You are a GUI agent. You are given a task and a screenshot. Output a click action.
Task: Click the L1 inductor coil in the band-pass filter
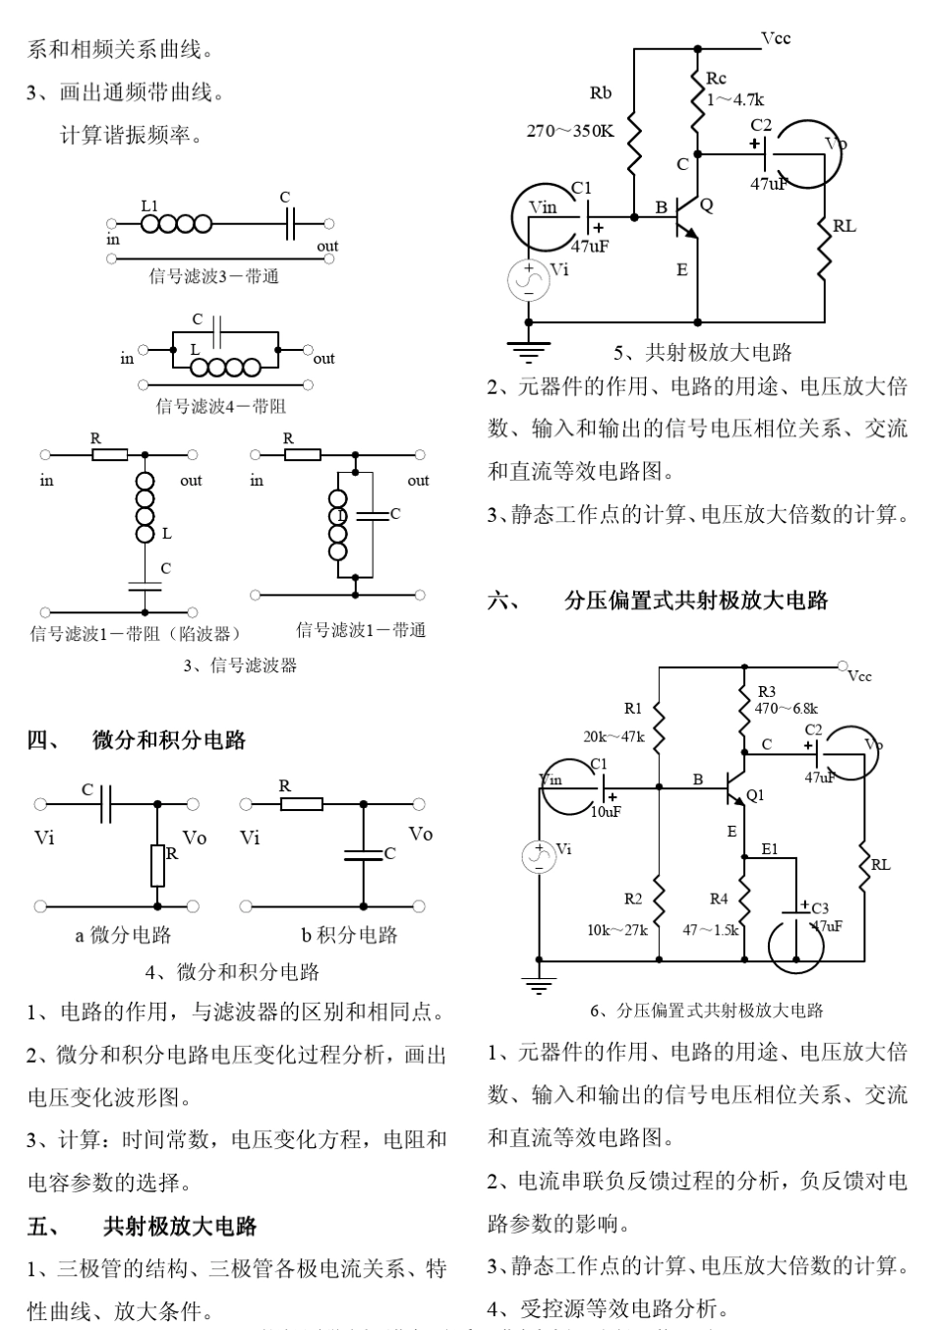[176, 225]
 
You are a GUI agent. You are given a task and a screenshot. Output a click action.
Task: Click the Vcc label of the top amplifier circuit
[776, 38]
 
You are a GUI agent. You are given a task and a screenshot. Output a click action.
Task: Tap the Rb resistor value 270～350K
[570, 131]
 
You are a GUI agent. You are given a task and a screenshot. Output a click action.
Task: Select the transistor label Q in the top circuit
[707, 205]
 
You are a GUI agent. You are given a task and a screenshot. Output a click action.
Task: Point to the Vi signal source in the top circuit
[528, 279]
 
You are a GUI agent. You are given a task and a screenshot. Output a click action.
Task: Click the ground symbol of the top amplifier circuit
[529, 348]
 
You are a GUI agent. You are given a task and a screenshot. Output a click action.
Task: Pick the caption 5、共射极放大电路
[703, 352]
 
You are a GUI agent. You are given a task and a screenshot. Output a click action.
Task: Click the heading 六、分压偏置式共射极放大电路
[658, 601]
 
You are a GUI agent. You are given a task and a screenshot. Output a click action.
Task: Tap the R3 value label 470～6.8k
[786, 708]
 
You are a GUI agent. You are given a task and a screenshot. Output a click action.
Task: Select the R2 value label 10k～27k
[616, 929]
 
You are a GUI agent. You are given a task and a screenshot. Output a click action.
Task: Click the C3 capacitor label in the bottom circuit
[820, 908]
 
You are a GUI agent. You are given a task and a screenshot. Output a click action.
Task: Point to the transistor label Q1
[755, 795]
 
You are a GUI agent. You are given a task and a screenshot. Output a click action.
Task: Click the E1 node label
[769, 849]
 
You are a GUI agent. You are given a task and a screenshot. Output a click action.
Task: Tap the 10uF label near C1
[606, 812]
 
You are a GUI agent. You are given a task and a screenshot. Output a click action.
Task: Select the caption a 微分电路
[123, 935]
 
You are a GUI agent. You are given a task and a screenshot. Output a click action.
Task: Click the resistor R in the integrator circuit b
[302, 804]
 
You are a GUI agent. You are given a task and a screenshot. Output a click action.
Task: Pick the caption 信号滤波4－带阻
[221, 405]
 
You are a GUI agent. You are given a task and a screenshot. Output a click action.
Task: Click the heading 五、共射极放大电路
[143, 1226]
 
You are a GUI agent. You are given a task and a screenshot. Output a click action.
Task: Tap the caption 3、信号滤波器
[240, 665]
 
